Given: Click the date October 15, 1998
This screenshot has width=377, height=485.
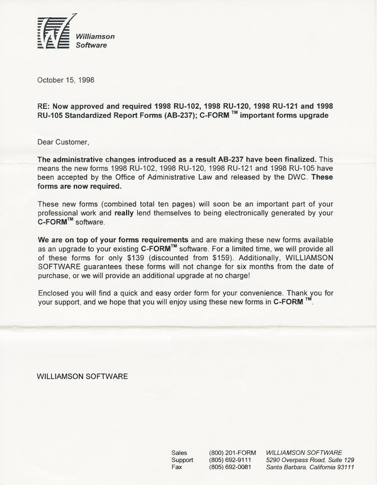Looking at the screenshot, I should [x=65, y=80].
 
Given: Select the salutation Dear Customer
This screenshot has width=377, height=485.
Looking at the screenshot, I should [x=62, y=142].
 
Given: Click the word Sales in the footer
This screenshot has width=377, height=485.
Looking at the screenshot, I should [x=179, y=453].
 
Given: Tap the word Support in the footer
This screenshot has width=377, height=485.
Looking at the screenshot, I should [x=182, y=460].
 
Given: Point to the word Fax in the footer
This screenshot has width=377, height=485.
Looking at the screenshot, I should [x=177, y=467].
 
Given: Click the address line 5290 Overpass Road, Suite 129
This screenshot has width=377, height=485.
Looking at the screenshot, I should [x=310, y=460].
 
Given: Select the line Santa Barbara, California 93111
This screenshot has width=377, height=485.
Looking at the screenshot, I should [x=310, y=467].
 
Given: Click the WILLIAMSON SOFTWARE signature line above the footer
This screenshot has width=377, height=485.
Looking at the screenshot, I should [x=82, y=376].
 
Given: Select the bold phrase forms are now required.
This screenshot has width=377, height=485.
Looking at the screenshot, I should [x=79, y=186].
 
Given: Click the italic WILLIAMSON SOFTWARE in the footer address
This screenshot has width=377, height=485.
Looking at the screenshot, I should [x=304, y=453].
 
